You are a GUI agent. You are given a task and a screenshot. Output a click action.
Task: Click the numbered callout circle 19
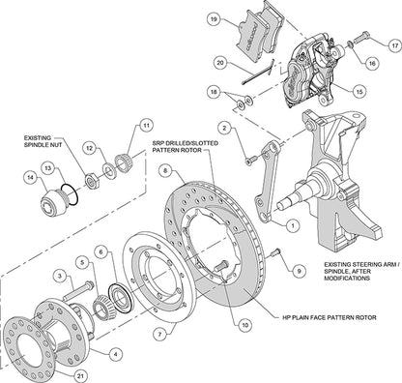tap(213, 18)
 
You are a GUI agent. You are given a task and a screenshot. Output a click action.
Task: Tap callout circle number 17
tap(394, 44)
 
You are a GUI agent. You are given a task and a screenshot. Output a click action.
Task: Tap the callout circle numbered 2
tap(223, 126)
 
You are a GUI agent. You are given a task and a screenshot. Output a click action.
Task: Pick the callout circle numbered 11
tap(147, 125)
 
